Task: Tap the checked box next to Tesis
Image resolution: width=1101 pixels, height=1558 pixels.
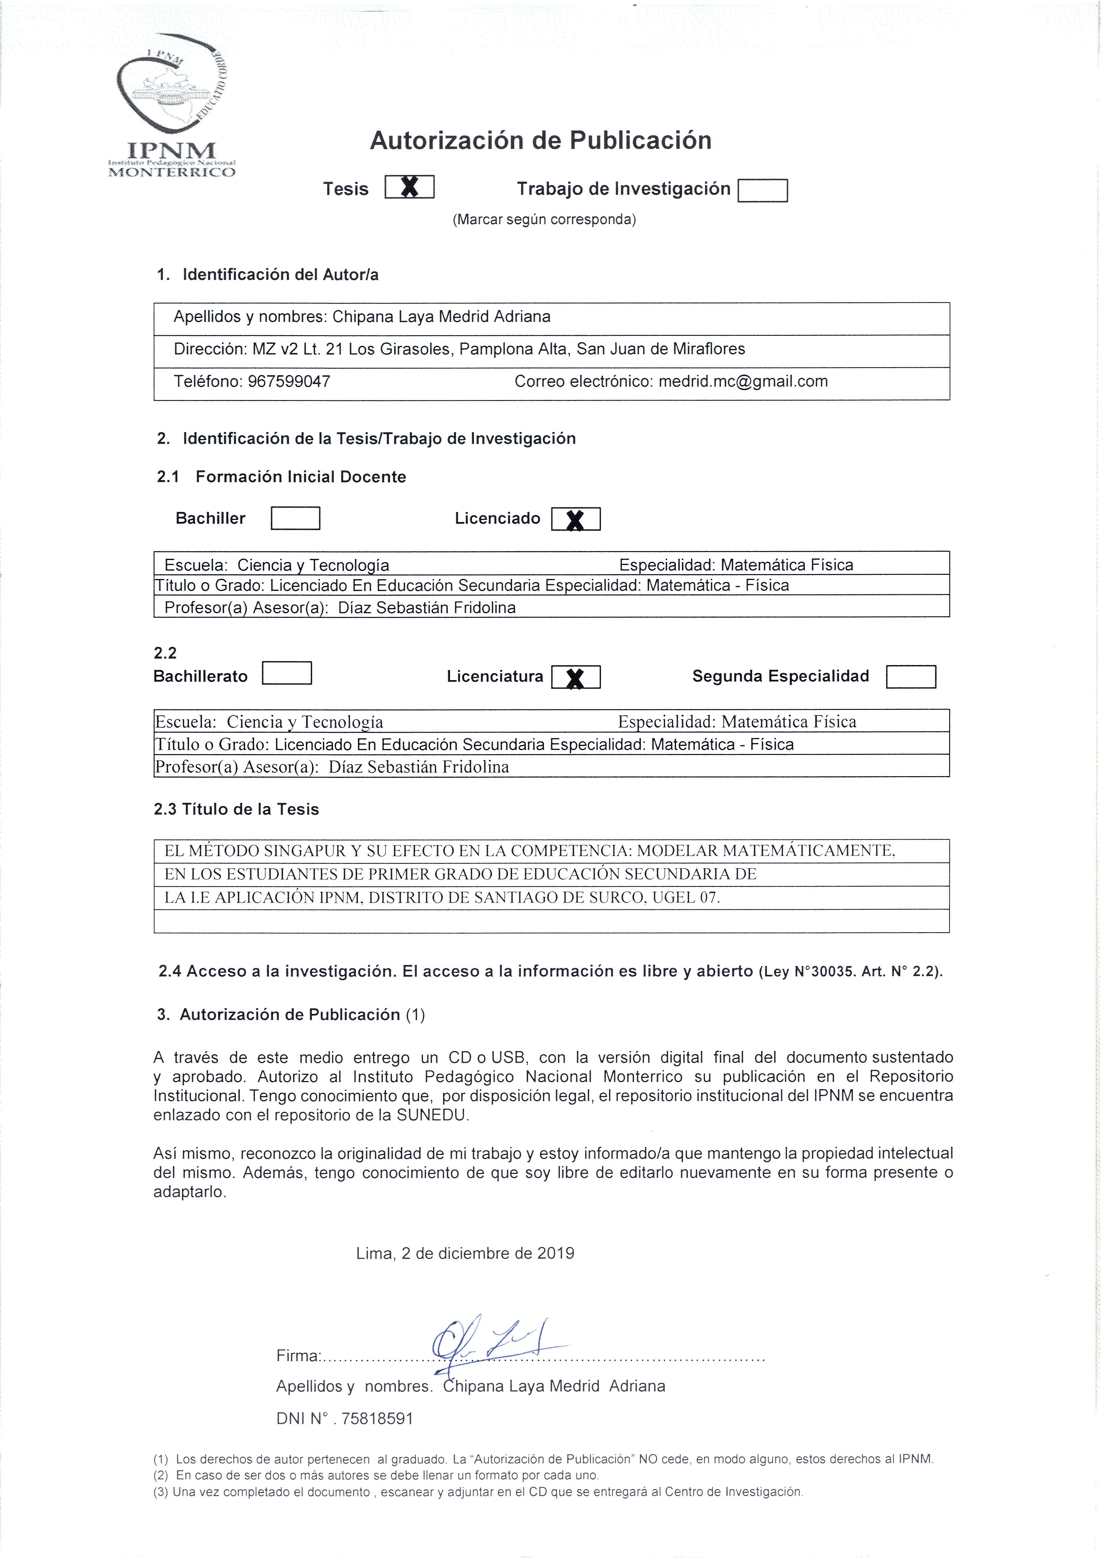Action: coord(409,187)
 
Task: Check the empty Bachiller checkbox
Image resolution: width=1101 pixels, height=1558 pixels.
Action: coord(295,519)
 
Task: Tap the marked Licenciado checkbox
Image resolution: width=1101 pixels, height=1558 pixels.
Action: coord(575,519)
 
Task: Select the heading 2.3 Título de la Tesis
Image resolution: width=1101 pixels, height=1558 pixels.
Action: coord(236,809)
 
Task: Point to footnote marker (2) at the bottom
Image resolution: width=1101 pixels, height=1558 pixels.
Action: coord(161,1475)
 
